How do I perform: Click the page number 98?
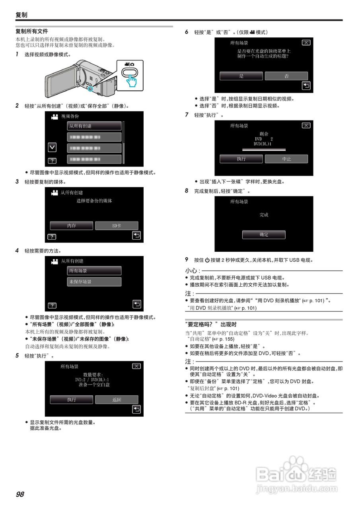point(20,494)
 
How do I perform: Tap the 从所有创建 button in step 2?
point(94,126)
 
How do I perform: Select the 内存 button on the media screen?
point(72,225)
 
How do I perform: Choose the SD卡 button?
point(117,225)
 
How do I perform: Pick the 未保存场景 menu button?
point(94,282)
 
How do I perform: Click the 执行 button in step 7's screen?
point(241,159)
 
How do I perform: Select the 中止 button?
point(286,159)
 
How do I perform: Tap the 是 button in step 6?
point(241,76)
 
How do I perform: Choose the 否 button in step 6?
point(286,76)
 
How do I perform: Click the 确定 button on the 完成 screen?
point(264,235)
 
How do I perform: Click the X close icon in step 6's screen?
point(306,43)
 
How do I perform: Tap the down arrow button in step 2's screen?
point(52,147)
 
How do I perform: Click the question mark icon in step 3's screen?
point(52,237)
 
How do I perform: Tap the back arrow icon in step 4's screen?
point(136,304)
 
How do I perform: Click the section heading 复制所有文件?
point(32,31)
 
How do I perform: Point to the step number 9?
point(187,260)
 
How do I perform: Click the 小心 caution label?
point(189,270)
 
